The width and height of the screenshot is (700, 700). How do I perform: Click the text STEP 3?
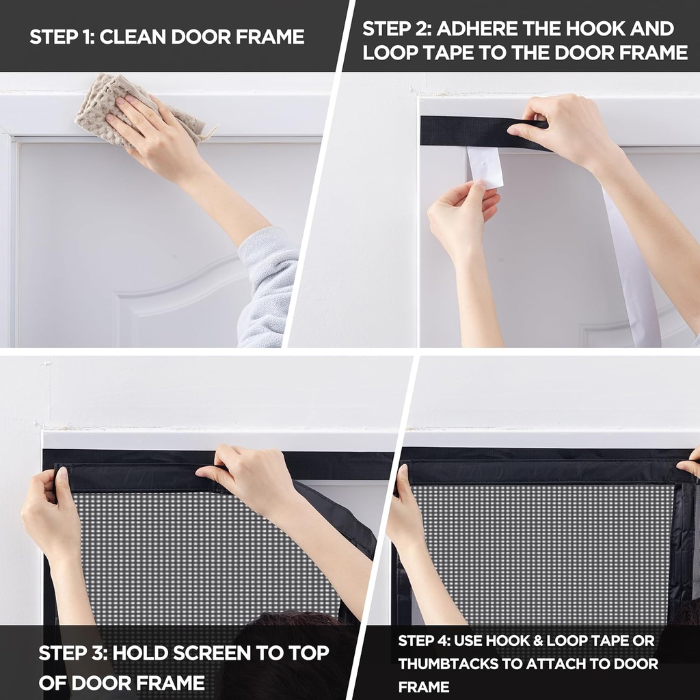click(71, 652)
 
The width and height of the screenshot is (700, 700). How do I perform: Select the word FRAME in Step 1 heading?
click(269, 37)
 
